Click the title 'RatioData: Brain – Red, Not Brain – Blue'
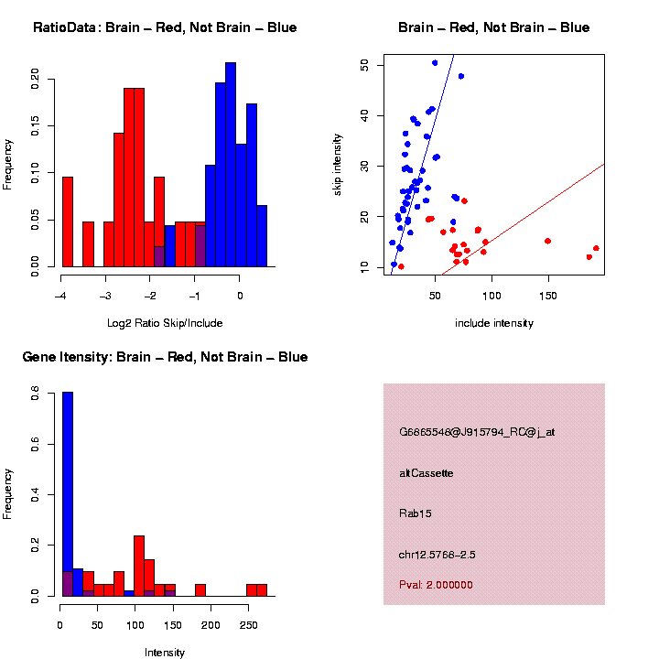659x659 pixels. pyautogui.click(x=165, y=27)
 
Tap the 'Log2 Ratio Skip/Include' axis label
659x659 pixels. pyautogui.click(x=165, y=322)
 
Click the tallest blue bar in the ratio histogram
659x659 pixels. pyautogui.click(x=231, y=165)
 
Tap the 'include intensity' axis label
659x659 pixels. pyautogui.click(x=493, y=323)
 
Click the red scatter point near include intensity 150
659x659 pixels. pyautogui.click(x=547, y=241)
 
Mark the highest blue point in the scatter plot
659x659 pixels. pyautogui.click(x=435, y=63)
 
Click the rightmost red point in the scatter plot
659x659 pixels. pyautogui.click(x=596, y=248)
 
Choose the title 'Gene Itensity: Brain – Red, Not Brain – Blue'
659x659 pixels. pyautogui.click(x=165, y=357)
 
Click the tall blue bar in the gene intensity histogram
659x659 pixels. pyautogui.click(x=67, y=494)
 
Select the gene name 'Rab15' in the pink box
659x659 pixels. pyautogui.click(x=416, y=513)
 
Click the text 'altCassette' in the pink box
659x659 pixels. pyautogui.click(x=427, y=473)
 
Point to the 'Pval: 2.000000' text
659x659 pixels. pyautogui.click(x=436, y=585)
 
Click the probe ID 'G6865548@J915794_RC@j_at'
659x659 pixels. pyautogui.click(x=477, y=432)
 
